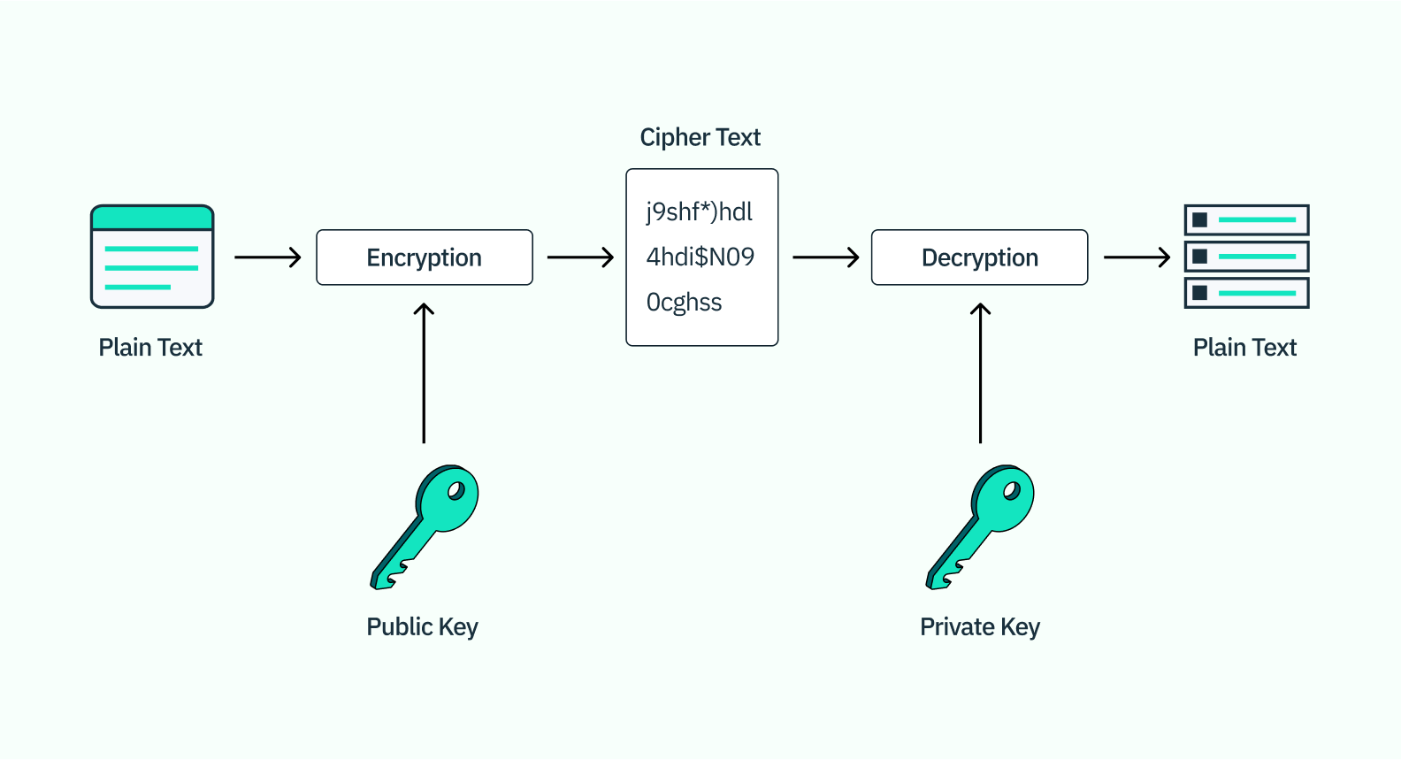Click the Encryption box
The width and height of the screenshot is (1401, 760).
coord(425,257)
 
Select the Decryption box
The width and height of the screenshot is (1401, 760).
coord(979,257)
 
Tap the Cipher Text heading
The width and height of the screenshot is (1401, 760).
coord(700,137)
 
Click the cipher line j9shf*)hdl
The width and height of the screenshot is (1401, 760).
coord(699,212)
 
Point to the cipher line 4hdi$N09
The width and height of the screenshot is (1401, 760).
coord(700,257)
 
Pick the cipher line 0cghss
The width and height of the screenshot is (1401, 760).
coord(684,303)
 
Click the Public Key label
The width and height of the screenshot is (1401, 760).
coord(422,626)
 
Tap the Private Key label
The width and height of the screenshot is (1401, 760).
coord(979,626)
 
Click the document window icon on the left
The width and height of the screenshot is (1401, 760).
coord(152,257)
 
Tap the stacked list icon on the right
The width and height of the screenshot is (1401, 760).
coord(1246,257)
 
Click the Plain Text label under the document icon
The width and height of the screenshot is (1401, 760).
coord(150,347)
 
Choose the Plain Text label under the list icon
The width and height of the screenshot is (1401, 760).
coord(1244,347)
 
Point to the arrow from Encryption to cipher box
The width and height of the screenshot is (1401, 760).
coord(580,257)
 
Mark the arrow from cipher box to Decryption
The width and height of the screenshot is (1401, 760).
coord(825,257)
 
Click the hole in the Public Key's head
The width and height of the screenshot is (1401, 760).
coord(456,490)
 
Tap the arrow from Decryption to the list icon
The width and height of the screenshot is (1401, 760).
coord(1137,257)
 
